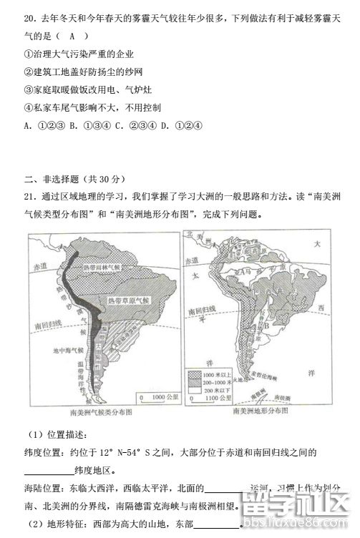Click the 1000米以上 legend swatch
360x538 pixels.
point(195,375)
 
